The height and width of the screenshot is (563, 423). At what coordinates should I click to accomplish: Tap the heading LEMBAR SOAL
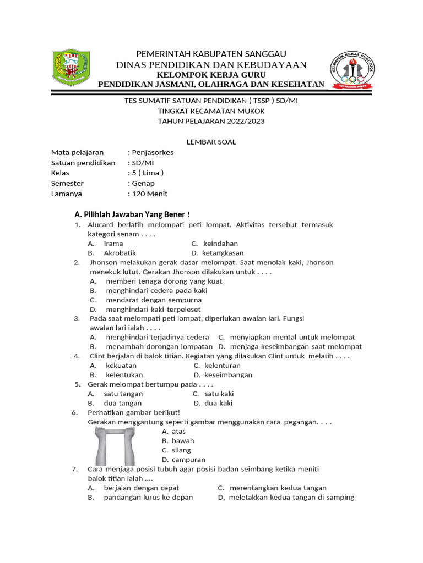click(211, 142)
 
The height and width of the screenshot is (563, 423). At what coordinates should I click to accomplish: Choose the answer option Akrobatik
click(120, 253)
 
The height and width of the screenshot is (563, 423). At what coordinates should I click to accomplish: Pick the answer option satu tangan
click(123, 394)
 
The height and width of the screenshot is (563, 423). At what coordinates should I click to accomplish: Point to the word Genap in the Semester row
click(143, 183)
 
